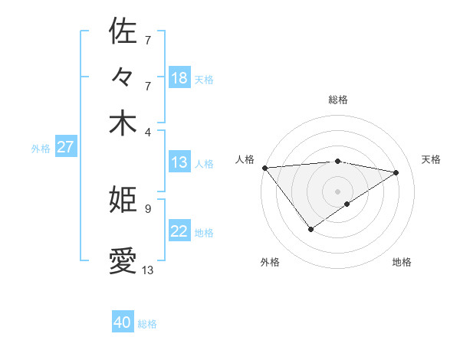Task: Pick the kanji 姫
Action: [123, 200]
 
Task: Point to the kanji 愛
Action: [123, 261]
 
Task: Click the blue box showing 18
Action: [179, 78]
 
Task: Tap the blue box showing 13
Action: [179, 162]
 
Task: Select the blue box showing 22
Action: [179, 231]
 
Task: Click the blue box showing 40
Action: [123, 322]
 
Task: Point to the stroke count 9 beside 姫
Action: [147, 208]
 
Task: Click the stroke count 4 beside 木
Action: [147, 131]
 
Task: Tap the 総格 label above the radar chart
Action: [338, 100]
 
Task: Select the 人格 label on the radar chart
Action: [245, 159]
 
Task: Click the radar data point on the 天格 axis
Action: [396, 172]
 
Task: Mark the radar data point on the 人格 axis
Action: [264, 167]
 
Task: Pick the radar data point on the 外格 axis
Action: [310, 229]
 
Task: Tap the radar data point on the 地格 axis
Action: [347, 204]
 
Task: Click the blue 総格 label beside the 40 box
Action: [147, 324]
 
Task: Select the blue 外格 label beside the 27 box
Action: [41, 149]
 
